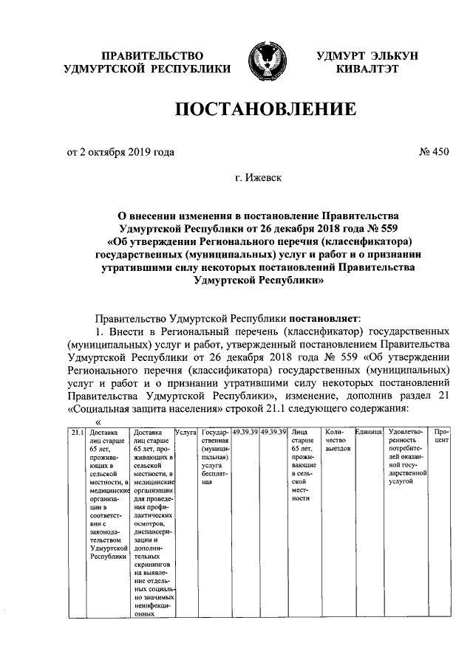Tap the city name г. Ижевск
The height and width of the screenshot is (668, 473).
click(x=258, y=178)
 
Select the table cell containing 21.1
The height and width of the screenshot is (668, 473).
click(x=78, y=432)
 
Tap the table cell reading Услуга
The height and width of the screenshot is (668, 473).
click(x=184, y=432)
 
